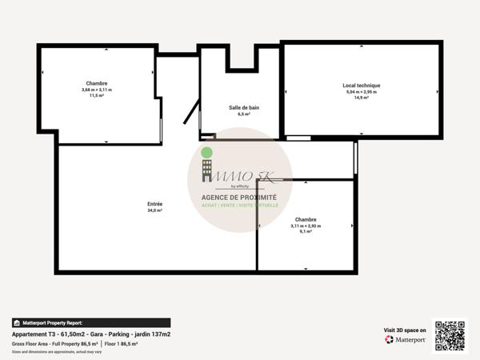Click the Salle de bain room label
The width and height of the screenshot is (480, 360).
239,108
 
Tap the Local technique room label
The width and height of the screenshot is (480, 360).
362,85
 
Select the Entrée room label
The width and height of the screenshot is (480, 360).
154,203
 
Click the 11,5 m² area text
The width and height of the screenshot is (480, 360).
97,96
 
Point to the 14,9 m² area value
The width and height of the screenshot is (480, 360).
362,98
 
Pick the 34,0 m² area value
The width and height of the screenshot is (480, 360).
154,210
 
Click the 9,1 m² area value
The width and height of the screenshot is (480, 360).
306,233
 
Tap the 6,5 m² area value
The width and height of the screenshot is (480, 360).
239,115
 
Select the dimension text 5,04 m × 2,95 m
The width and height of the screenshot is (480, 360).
362,92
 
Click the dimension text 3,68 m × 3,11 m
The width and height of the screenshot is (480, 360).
97,90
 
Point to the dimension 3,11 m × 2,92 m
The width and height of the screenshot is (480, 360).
306,226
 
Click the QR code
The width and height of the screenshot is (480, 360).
450,335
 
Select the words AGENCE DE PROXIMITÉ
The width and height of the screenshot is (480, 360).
239,197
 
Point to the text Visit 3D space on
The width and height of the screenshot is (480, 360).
405,329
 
